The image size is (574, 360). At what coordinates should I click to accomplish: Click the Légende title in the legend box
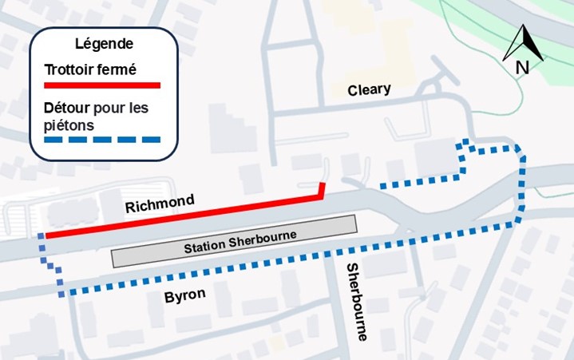(103, 44)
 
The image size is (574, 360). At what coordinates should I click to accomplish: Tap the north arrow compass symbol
(523, 44)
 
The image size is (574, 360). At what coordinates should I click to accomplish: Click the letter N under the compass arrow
(523, 67)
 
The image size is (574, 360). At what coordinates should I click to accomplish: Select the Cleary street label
(369, 89)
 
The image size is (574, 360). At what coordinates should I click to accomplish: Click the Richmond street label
(160, 204)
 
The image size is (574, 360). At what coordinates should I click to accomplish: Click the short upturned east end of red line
(322, 188)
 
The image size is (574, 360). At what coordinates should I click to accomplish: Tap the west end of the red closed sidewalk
(46, 235)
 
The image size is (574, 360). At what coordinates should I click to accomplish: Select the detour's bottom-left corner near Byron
(61, 293)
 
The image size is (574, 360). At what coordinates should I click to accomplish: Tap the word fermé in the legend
(117, 69)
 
